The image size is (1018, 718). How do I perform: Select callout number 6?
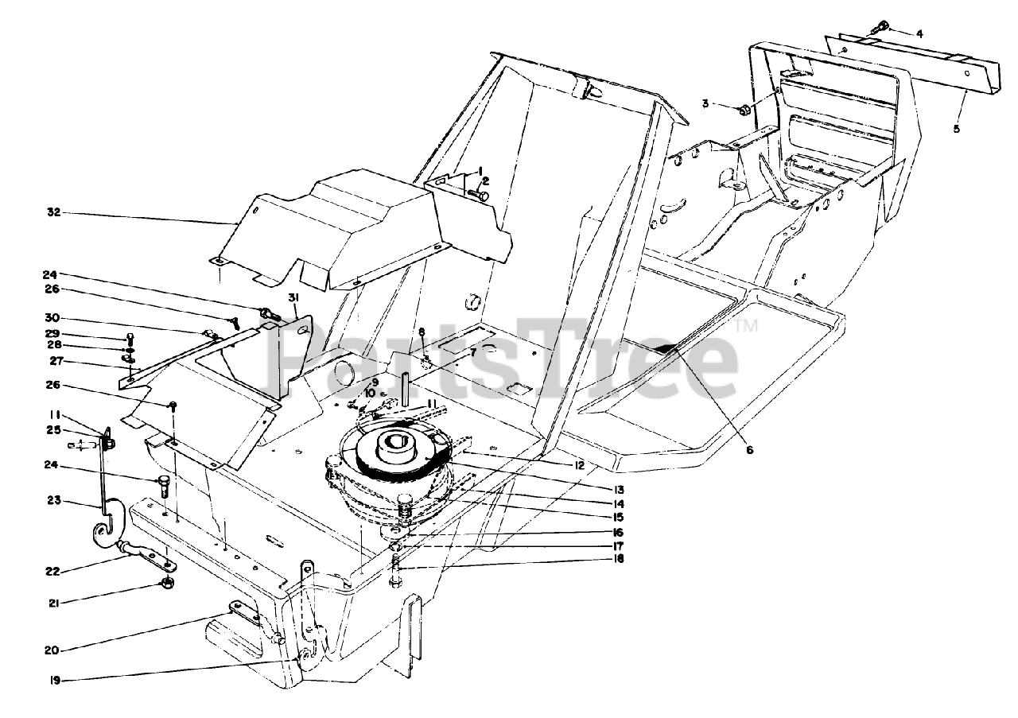[748, 449]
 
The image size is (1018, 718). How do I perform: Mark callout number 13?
[618, 489]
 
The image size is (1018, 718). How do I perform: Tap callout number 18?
[618, 559]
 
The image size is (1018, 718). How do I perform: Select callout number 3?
[705, 103]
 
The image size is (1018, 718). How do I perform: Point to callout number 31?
[293, 297]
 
